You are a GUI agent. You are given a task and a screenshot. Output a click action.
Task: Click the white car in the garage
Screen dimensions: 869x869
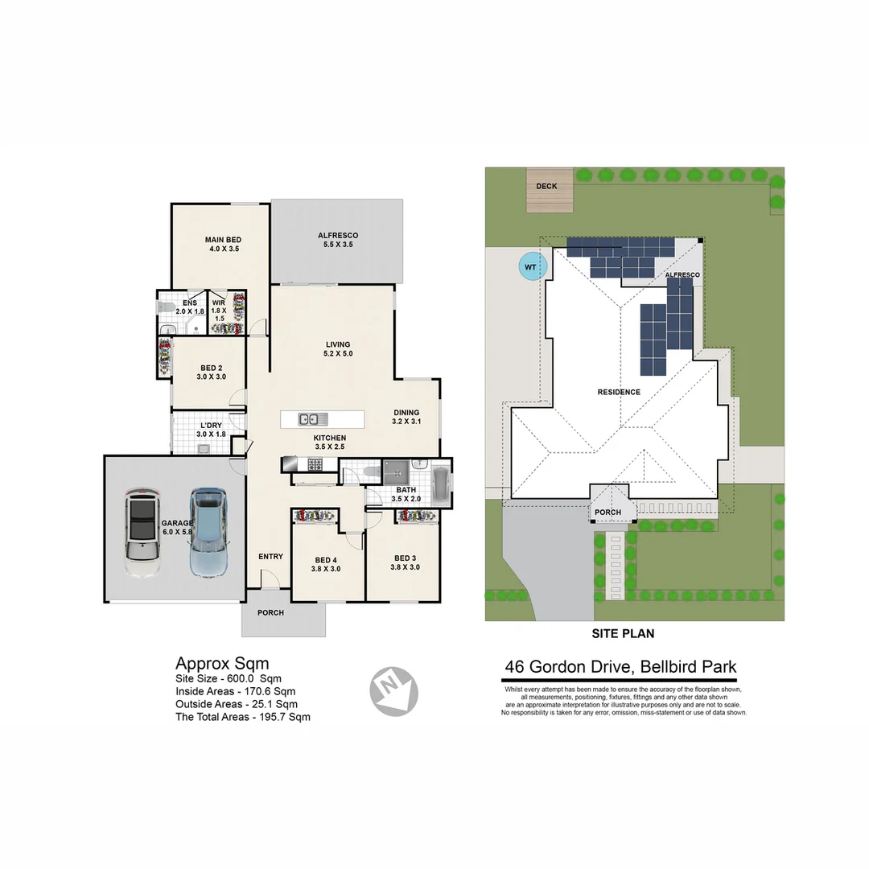click(x=142, y=533)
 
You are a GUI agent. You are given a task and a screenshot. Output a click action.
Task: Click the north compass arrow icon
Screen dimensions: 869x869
click(x=393, y=689)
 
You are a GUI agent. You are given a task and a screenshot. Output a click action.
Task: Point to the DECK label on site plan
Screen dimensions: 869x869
click(x=546, y=187)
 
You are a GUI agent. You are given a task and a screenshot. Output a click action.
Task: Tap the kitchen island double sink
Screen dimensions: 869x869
click(x=307, y=418)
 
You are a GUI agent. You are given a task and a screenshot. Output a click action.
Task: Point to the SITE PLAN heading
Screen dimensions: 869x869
click(x=623, y=634)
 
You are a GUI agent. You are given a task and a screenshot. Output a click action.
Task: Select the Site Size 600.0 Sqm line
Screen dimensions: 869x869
click(x=229, y=678)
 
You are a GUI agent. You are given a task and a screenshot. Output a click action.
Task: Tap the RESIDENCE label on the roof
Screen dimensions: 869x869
click(x=619, y=393)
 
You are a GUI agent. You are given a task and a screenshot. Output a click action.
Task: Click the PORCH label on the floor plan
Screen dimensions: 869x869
click(x=270, y=613)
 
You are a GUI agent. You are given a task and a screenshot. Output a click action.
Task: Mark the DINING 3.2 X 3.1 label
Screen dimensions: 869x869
click(x=406, y=416)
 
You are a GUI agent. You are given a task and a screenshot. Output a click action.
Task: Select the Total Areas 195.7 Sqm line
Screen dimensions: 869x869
click(x=243, y=716)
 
